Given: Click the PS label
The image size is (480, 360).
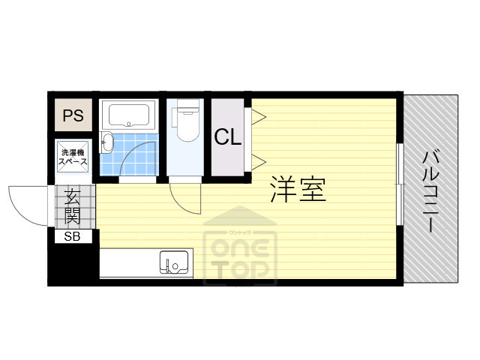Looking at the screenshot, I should [73, 115].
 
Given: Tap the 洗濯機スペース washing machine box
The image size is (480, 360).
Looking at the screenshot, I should [73, 157].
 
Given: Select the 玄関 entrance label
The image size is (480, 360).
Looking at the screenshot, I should [73, 206].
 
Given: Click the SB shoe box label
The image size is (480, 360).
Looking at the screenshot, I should [73, 236].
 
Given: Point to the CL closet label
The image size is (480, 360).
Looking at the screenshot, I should [228, 137].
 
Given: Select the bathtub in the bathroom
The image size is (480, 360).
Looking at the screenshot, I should [129, 115].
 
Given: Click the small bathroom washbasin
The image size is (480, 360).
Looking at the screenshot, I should [106, 142].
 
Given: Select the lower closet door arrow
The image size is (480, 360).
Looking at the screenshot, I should [258, 160].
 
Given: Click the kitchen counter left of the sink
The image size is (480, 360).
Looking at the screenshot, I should [127, 263].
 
